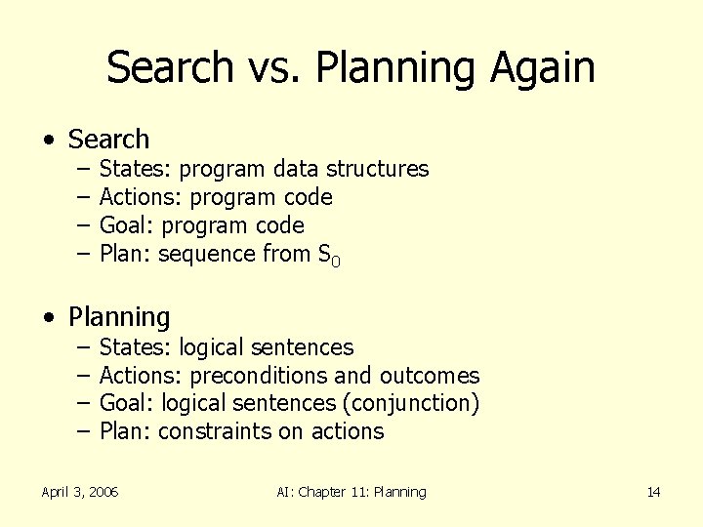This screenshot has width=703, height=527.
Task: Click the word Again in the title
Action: (x=542, y=68)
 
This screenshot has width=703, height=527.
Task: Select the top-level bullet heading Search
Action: (x=108, y=140)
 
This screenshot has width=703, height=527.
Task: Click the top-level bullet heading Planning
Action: (x=119, y=317)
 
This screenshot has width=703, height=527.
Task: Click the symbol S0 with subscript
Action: (x=329, y=256)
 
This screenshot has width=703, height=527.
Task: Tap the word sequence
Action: (x=206, y=254)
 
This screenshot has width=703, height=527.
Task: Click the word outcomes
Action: (x=430, y=375)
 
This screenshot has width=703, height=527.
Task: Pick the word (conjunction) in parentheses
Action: (x=416, y=403)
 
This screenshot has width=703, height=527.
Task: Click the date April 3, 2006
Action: (x=80, y=492)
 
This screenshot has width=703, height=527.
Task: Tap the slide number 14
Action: (x=653, y=492)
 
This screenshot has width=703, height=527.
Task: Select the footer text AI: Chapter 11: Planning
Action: (x=351, y=492)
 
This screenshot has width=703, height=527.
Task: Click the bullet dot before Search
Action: (x=48, y=141)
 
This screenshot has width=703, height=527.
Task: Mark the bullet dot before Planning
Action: (x=48, y=318)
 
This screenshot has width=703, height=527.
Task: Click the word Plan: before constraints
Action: (x=125, y=431)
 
